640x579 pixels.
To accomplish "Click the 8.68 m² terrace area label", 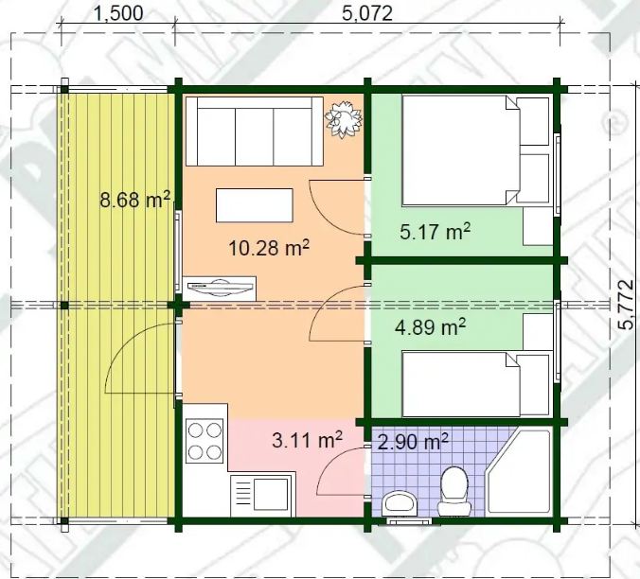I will pyautogui.click(x=134, y=200).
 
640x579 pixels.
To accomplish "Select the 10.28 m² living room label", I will pyautogui.click(x=272, y=249).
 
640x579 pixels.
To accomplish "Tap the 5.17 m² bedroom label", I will pyautogui.click(x=436, y=231).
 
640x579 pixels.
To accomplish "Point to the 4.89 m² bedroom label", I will pyautogui.click(x=429, y=327).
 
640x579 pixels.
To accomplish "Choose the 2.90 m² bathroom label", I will pyautogui.click(x=413, y=441).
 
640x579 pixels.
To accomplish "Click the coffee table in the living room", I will pyautogui.click(x=255, y=204).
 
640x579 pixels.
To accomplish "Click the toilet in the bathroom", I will pyautogui.click(x=453, y=490).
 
